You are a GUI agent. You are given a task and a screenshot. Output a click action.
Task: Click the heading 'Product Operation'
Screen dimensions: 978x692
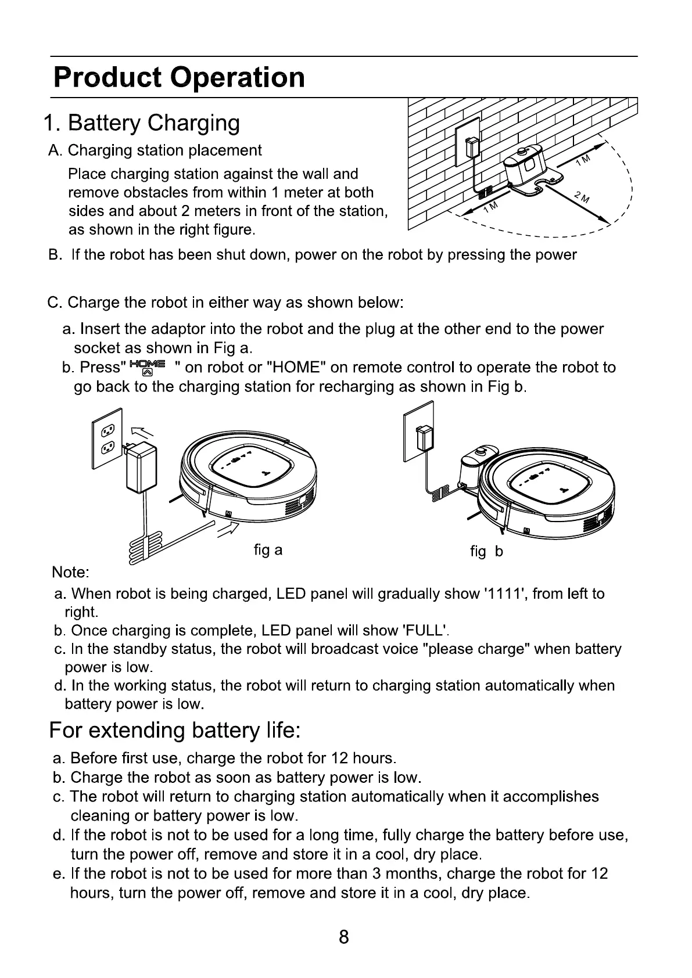[x=179, y=77]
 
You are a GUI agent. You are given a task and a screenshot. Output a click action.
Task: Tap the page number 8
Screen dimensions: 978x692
[x=344, y=937]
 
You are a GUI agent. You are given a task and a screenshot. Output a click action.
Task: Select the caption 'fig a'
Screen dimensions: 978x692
[x=268, y=549]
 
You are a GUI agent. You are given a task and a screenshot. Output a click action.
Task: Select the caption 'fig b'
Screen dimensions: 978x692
[x=486, y=551]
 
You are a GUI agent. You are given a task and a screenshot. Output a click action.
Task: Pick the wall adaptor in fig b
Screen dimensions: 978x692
[x=426, y=438]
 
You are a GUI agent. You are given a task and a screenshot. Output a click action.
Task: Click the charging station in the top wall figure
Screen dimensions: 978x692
[x=526, y=168]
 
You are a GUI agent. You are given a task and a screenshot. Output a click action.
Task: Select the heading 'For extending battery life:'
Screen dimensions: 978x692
[x=174, y=730]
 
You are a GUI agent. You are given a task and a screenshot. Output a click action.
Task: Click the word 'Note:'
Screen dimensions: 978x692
[x=70, y=572]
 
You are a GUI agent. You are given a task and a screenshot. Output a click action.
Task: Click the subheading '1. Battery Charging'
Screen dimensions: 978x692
[x=142, y=123]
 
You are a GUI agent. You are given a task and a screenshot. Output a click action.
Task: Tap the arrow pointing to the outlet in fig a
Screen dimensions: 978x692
[x=144, y=433]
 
